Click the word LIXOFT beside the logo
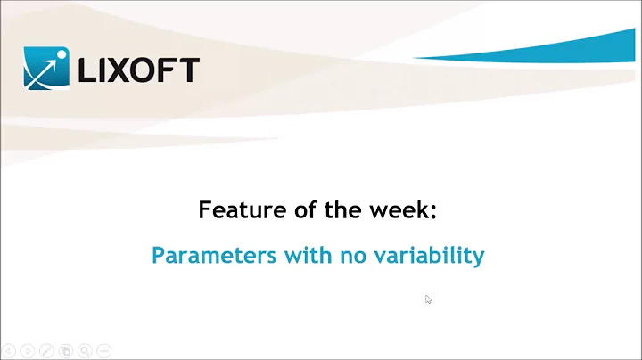(x=138, y=70)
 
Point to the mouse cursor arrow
(x=429, y=300)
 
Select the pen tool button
(x=46, y=350)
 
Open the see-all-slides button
(x=66, y=350)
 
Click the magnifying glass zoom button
(x=85, y=350)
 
